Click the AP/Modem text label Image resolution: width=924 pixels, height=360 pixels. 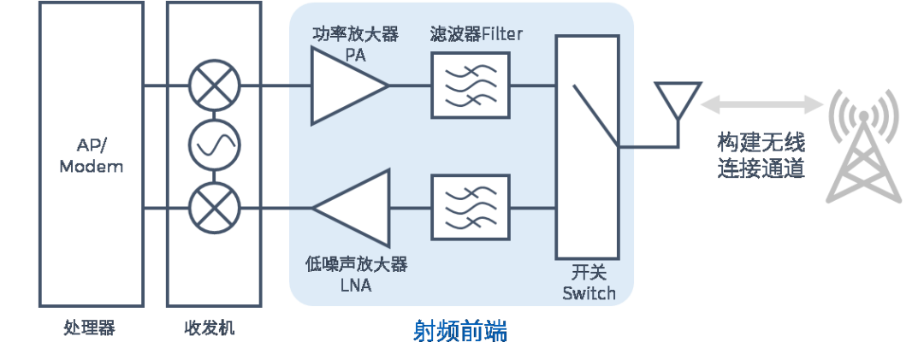coord(91,156)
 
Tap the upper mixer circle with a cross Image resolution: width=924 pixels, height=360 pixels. coord(213,86)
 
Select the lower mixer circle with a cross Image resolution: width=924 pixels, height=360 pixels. coord(213,207)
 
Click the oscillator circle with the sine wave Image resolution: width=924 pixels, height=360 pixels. coord(213,146)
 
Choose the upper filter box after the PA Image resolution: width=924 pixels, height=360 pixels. coord(470,86)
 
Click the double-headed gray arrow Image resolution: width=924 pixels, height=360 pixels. coord(761,104)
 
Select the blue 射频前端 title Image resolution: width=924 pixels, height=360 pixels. coord(460,331)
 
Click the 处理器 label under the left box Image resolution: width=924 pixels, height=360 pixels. coord(90,328)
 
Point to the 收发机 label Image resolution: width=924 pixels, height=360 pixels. coord(213,328)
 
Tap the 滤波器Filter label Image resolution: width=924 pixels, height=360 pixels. coord(477,34)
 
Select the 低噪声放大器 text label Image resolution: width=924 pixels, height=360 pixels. coord(355,264)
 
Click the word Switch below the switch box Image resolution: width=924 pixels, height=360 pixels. coord(589,293)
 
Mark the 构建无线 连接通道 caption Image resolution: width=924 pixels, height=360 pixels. coord(761,155)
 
